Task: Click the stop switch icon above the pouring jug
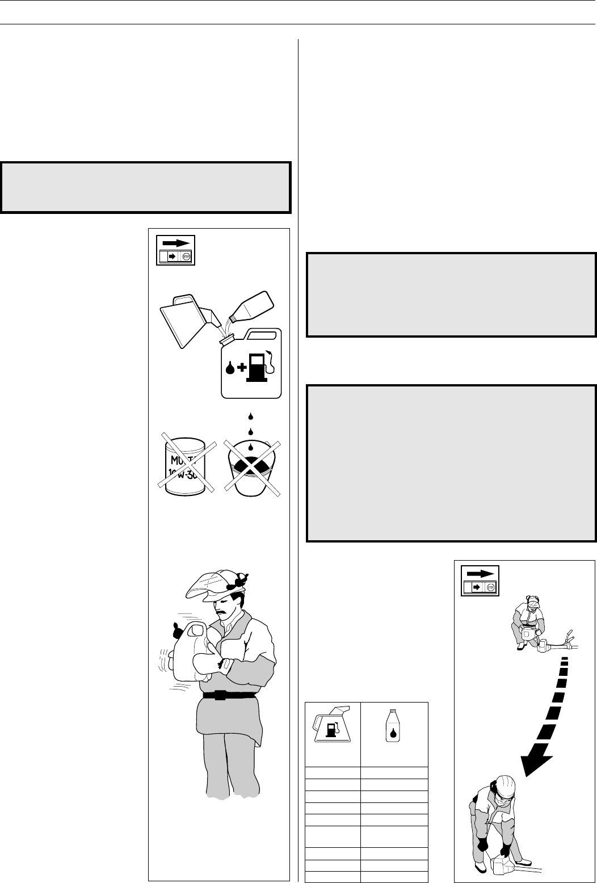[x=175, y=249]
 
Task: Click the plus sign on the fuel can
[x=242, y=369]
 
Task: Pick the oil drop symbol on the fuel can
[x=230, y=369]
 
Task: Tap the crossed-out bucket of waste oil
[x=251, y=465]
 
